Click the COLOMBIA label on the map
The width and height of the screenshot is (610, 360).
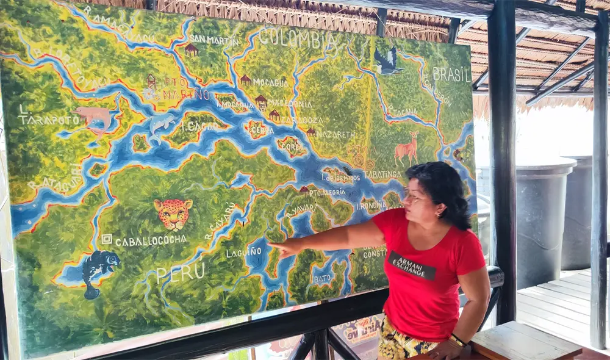click(x=298, y=38)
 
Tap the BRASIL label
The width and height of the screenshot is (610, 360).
click(x=451, y=74)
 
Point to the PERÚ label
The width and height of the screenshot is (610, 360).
click(x=181, y=272)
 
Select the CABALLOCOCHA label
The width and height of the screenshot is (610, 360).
click(x=151, y=240)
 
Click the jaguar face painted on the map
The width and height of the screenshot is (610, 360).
click(x=173, y=213)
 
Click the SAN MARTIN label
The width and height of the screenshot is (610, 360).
click(x=214, y=40)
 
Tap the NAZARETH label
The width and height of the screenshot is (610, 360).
click(x=335, y=134)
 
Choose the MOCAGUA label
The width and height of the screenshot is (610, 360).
click(x=270, y=82)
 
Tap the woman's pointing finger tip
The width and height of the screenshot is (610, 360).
click(x=270, y=245)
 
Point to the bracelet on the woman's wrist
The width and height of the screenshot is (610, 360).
click(x=457, y=340)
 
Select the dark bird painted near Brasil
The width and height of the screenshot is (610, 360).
click(x=387, y=61)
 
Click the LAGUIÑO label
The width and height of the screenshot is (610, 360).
click(x=244, y=252)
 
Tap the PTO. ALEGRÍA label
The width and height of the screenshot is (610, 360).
click(x=327, y=192)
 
